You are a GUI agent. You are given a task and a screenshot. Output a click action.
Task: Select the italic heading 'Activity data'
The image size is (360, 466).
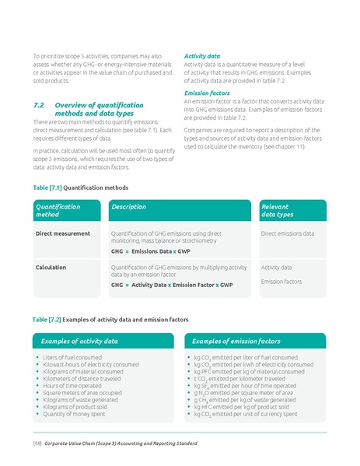tap(201, 56)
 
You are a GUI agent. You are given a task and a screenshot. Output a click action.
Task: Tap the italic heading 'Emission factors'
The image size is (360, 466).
tap(206, 93)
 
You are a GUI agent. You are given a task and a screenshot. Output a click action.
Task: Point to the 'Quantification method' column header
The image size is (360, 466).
tap(58, 210)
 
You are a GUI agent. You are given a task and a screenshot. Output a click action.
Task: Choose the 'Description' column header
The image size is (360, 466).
tap(128, 207)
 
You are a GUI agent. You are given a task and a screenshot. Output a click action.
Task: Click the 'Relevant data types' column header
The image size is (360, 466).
tap(278, 210)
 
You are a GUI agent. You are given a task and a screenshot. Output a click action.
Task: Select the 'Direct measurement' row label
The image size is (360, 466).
tap(63, 233)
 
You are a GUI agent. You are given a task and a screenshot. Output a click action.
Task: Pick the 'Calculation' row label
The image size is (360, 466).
tap(51, 267)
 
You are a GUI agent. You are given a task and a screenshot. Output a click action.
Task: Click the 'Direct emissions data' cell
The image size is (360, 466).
tap(288, 233)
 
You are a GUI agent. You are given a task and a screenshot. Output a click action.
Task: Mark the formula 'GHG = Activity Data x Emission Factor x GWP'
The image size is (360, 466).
tap(171, 285)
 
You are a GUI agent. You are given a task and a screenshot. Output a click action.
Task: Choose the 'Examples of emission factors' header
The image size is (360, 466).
tap(236, 341)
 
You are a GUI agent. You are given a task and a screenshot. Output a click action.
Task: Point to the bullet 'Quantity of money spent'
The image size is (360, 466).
tap(74, 414)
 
